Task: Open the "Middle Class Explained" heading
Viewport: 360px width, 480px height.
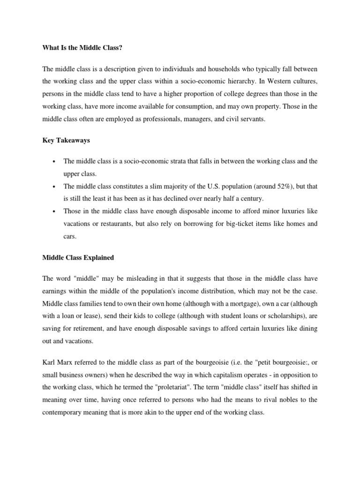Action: pyautogui.click(x=78, y=257)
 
